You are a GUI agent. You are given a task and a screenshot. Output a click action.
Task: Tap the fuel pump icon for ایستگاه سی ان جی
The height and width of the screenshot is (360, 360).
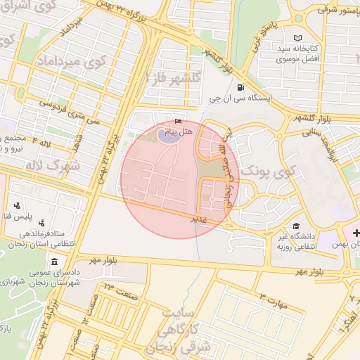pyautogui.click(x=241, y=89)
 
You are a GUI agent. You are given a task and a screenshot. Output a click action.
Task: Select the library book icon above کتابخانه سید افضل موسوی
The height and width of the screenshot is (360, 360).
pyautogui.click(x=297, y=37)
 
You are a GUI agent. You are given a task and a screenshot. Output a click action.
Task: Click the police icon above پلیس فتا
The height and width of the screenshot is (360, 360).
pyautogui.click(x=17, y=206)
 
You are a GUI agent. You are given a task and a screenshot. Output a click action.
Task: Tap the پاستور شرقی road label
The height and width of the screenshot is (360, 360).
pyautogui.click(x=337, y=9)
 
